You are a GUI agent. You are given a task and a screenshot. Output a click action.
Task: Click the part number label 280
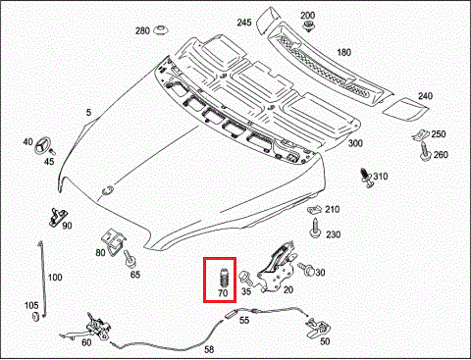point(142,30)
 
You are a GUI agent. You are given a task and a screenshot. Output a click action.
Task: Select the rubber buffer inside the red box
point(223,278)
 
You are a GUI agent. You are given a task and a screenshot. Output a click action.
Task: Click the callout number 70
point(223,293)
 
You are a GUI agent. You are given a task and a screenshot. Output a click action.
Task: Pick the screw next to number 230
point(315,228)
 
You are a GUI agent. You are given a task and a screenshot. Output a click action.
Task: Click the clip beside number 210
point(314,209)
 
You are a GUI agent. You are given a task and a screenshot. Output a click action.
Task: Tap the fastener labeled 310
point(366,179)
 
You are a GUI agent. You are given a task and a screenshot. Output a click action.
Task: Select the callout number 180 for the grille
point(343,52)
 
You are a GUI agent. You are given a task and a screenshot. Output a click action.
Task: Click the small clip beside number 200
point(308,26)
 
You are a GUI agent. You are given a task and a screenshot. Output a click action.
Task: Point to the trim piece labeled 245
point(268,20)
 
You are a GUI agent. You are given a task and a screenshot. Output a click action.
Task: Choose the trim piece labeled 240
point(405,109)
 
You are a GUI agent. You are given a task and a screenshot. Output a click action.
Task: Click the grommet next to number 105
point(35,316)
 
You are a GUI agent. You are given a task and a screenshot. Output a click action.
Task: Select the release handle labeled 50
point(317,327)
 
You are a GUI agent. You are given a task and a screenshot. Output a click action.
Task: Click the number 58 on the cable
point(209,349)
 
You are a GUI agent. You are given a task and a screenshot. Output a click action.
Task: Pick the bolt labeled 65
point(130,260)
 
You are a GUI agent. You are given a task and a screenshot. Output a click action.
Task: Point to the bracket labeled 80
point(114,242)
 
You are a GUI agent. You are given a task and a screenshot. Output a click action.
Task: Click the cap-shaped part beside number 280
point(161,30)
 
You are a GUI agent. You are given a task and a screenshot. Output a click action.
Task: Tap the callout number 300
point(355,143)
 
